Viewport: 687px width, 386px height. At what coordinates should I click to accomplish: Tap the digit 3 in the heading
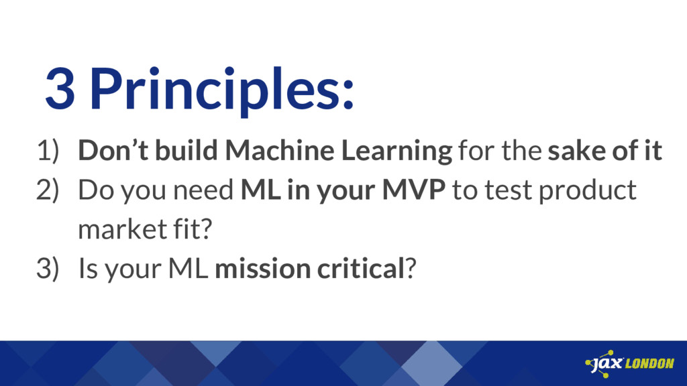click(x=60, y=89)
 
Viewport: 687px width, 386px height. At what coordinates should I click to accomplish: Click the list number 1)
click(x=48, y=151)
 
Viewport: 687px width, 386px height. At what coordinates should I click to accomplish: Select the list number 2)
click(x=48, y=190)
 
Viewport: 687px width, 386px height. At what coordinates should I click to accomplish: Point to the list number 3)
click(x=48, y=268)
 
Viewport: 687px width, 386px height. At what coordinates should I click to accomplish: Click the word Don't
click(x=113, y=150)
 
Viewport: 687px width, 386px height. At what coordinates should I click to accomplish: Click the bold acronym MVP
click(x=413, y=190)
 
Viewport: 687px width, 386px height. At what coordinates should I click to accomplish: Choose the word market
click(x=123, y=229)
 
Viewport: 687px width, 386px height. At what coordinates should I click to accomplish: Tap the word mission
click(x=262, y=268)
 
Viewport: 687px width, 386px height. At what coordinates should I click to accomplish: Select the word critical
click(x=360, y=268)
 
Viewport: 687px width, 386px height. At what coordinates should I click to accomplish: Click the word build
click(x=187, y=150)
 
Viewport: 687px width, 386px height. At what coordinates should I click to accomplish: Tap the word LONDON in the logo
click(x=649, y=363)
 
